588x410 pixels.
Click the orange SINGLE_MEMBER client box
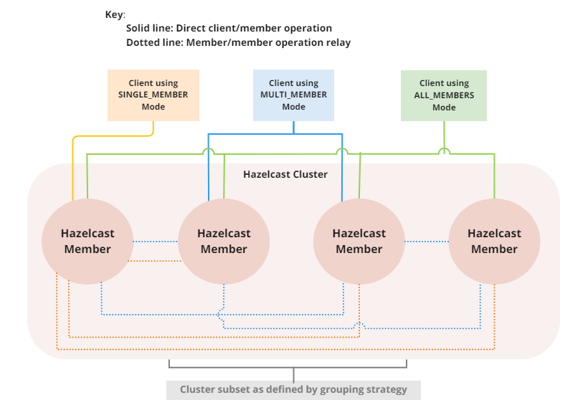153,95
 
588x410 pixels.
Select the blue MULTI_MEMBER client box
293,95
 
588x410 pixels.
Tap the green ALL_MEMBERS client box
444,95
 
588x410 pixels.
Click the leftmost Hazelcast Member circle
87,241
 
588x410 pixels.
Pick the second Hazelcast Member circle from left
224,241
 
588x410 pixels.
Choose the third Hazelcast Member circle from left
359,241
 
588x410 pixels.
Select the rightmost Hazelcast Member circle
494,241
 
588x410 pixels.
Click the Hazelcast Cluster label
285,174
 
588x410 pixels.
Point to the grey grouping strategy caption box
293,390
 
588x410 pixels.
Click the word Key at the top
115,14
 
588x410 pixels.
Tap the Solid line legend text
229,29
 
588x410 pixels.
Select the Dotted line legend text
238,42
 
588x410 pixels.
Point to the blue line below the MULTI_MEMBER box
293,127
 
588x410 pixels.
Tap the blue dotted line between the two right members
426,242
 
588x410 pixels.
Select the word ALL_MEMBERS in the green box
444,95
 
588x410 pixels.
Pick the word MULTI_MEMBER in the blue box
293,95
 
